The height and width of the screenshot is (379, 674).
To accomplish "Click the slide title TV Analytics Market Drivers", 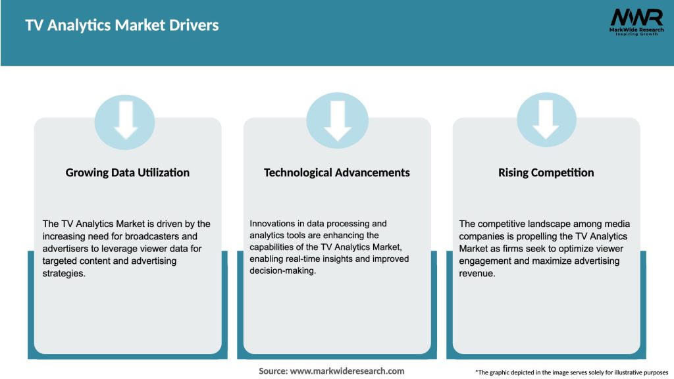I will [122, 26].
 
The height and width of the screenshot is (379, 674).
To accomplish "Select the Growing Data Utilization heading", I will [128, 172].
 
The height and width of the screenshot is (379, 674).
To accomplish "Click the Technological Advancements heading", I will [337, 172].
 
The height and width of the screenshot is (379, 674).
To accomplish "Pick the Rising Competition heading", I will [546, 172].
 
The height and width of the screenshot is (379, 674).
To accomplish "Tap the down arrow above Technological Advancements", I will [337, 121].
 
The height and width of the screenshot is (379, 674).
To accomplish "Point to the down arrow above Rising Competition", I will [546, 121].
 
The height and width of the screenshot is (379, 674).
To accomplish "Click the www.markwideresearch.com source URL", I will [347, 371].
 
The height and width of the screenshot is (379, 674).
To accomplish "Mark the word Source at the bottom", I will [272, 371].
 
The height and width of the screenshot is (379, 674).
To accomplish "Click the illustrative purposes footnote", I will [571, 372].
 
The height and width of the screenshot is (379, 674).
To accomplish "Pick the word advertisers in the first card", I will [66, 249].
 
